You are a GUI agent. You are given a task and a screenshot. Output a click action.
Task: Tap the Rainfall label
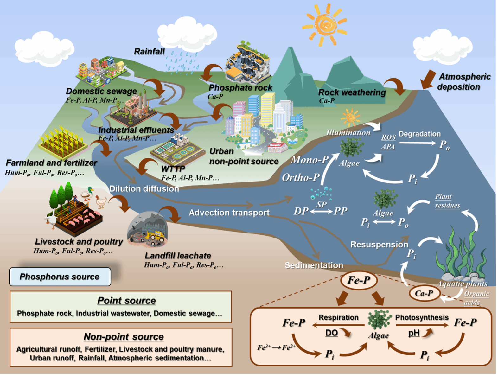(x=149, y=51)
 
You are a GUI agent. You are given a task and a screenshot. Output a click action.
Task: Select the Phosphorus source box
(x=60, y=277)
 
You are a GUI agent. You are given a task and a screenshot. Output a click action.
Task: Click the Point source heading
(x=126, y=300)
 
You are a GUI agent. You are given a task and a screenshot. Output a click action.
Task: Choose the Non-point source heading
(x=124, y=336)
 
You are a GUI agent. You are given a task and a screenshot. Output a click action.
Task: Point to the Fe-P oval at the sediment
(x=359, y=280)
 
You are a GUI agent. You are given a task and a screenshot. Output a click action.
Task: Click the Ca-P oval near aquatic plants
(x=424, y=293)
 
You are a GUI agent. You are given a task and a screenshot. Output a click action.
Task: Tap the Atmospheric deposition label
(x=464, y=81)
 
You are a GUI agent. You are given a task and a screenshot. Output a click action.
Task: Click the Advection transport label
(x=229, y=213)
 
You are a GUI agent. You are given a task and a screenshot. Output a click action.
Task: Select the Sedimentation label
(x=314, y=265)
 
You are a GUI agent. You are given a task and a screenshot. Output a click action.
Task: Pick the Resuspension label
(x=379, y=245)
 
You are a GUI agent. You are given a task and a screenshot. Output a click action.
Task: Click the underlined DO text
(x=331, y=333)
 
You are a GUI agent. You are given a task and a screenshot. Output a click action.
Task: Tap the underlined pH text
(x=414, y=333)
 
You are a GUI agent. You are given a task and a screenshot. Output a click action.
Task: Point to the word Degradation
(x=419, y=134)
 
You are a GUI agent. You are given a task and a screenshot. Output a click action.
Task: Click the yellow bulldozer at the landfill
(x=155, y=236)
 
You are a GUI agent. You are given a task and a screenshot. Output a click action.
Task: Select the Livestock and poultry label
(x=79, y=242)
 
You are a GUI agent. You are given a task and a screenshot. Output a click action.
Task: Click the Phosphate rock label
(x=240, y=88)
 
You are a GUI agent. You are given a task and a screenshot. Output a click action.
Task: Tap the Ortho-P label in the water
(x=301, y=177)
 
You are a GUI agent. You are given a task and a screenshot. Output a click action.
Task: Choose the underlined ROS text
(x=388, y=137)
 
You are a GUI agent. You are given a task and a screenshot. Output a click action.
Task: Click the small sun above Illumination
(x=350, y=118)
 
